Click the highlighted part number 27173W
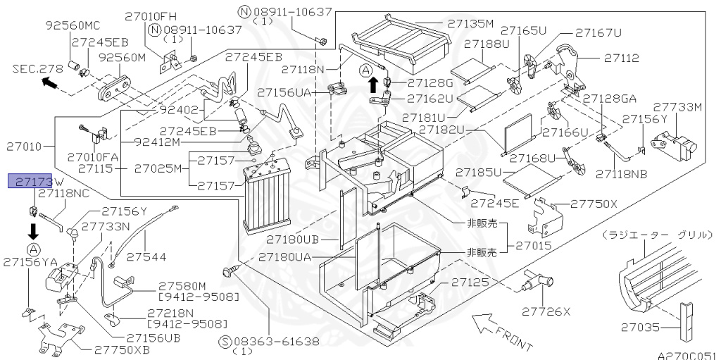click(x=30, y=182)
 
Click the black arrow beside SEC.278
click(x=49, y=84)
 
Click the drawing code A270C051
click(x=687, y=355)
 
